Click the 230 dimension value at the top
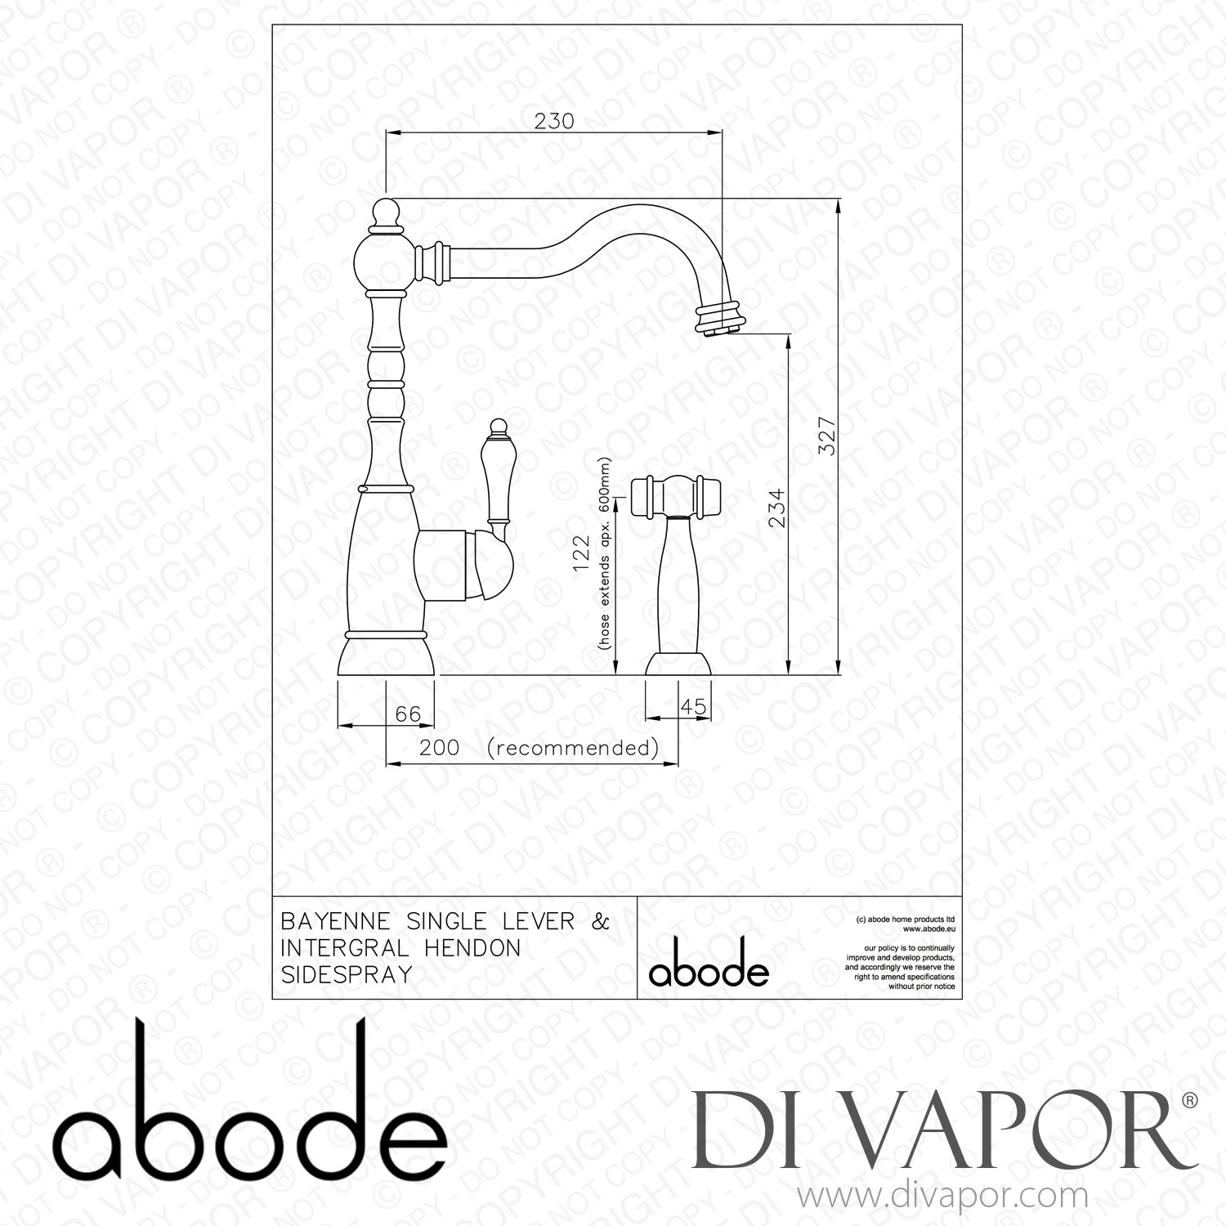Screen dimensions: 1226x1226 554,121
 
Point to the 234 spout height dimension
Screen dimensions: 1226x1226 777,507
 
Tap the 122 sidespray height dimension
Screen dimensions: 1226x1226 581,556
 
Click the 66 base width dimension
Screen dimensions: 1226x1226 408,714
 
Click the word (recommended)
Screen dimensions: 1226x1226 572,747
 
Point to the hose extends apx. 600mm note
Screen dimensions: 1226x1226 605,564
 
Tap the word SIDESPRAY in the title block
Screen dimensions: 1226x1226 346,975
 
